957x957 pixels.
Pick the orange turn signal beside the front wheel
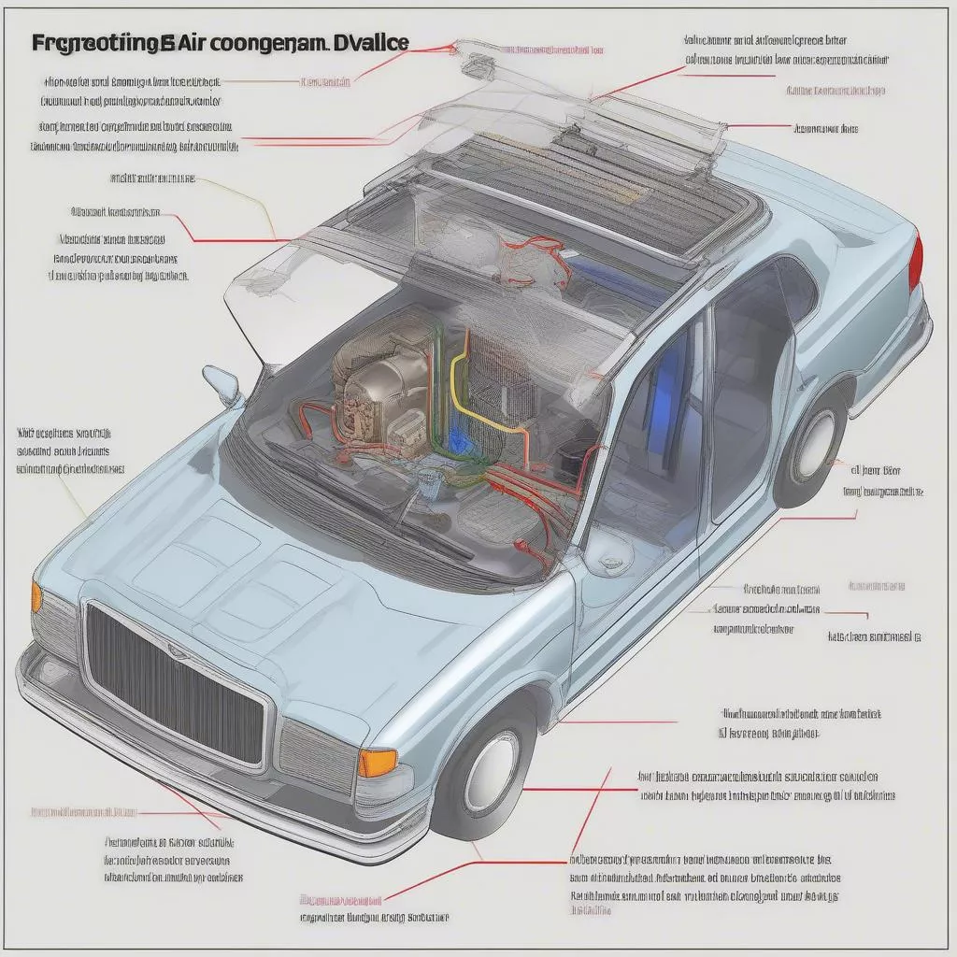(378, 763)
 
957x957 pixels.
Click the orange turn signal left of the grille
(36, 596)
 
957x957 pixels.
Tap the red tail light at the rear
(916, 263)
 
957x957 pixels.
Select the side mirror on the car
(222, 383)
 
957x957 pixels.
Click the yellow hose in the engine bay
(467, 393)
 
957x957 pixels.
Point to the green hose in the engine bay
(439, 411)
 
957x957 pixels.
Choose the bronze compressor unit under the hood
(374, 374)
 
